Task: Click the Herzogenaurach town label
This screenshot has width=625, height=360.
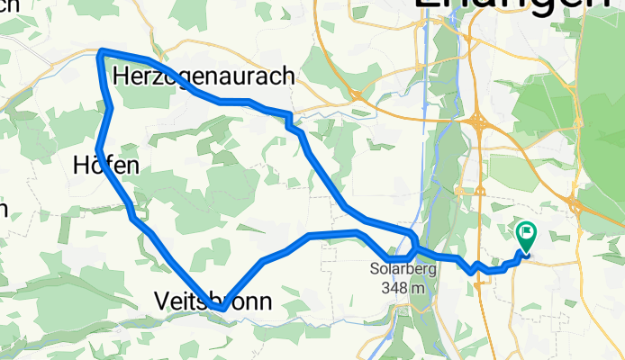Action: pyautogui.click(x=205, y=77)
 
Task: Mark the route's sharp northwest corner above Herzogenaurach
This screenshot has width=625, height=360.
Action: pyautogui.click(x=101, y=52)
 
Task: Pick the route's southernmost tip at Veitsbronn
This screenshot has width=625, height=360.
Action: pyautogui.click(x=222, y=309)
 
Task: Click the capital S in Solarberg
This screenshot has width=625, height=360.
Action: pyautogui.click(x=374, y=268)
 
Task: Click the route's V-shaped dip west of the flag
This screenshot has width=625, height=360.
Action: pyautogui.click(x=473, y=269)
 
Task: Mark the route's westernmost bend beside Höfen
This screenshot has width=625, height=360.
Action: pyautogui.click(x=98, y=148)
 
